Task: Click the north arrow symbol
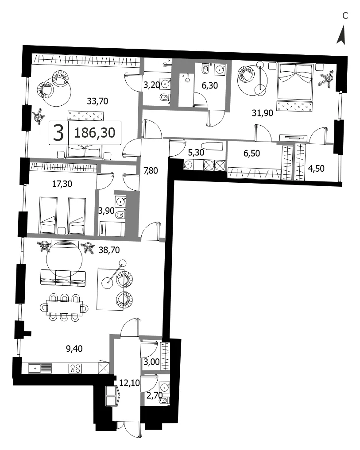[341, 35]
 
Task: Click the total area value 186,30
[95, 133]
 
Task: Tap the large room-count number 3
[58, 133]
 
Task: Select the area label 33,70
[97, 101]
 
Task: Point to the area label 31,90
[262, 113]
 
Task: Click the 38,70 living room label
[109, 250]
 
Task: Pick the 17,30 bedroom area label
[62, 184]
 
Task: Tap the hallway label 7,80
[151, 171]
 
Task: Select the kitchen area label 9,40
[74, 349]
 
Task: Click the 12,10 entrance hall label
[130, 383]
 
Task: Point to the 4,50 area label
[316, 169]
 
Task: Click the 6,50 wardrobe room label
[252, 153]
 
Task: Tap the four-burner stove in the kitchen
[75, 369]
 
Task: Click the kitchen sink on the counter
[40, 368]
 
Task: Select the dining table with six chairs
[64, 308]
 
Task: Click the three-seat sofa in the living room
[63, 277]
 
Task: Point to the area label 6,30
[210, 85]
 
